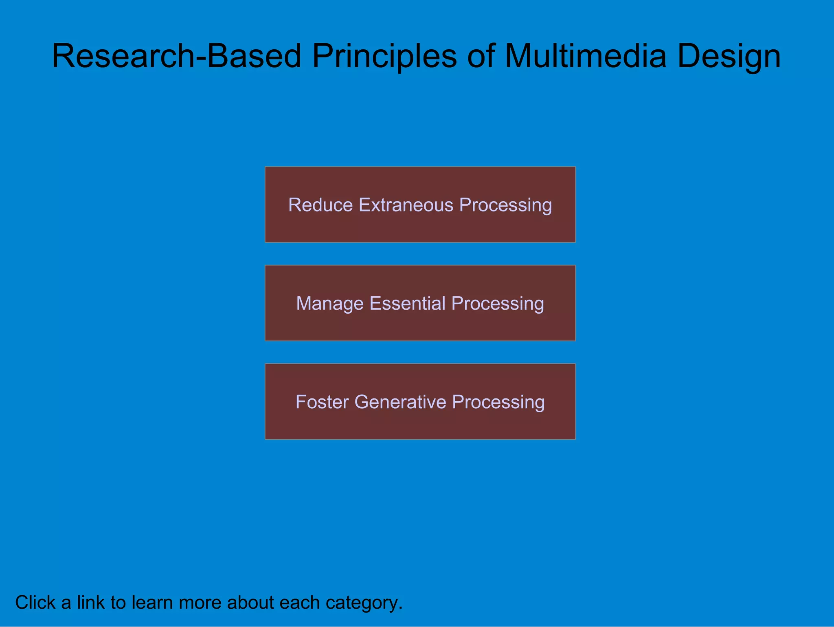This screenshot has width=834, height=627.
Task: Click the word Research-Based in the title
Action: pos(176,56)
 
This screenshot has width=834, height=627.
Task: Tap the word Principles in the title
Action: pos(384,56)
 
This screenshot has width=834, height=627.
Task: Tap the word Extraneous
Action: pos(406,205)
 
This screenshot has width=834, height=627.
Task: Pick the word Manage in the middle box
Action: pos(330,304)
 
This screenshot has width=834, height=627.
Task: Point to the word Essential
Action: pos(408,304)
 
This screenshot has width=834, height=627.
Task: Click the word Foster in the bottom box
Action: pos(322,402)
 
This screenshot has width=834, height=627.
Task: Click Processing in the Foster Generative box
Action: pos(498,402)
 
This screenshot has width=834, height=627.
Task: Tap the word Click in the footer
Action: pos(35,602)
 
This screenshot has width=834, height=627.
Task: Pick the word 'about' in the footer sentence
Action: pos(250,602)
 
